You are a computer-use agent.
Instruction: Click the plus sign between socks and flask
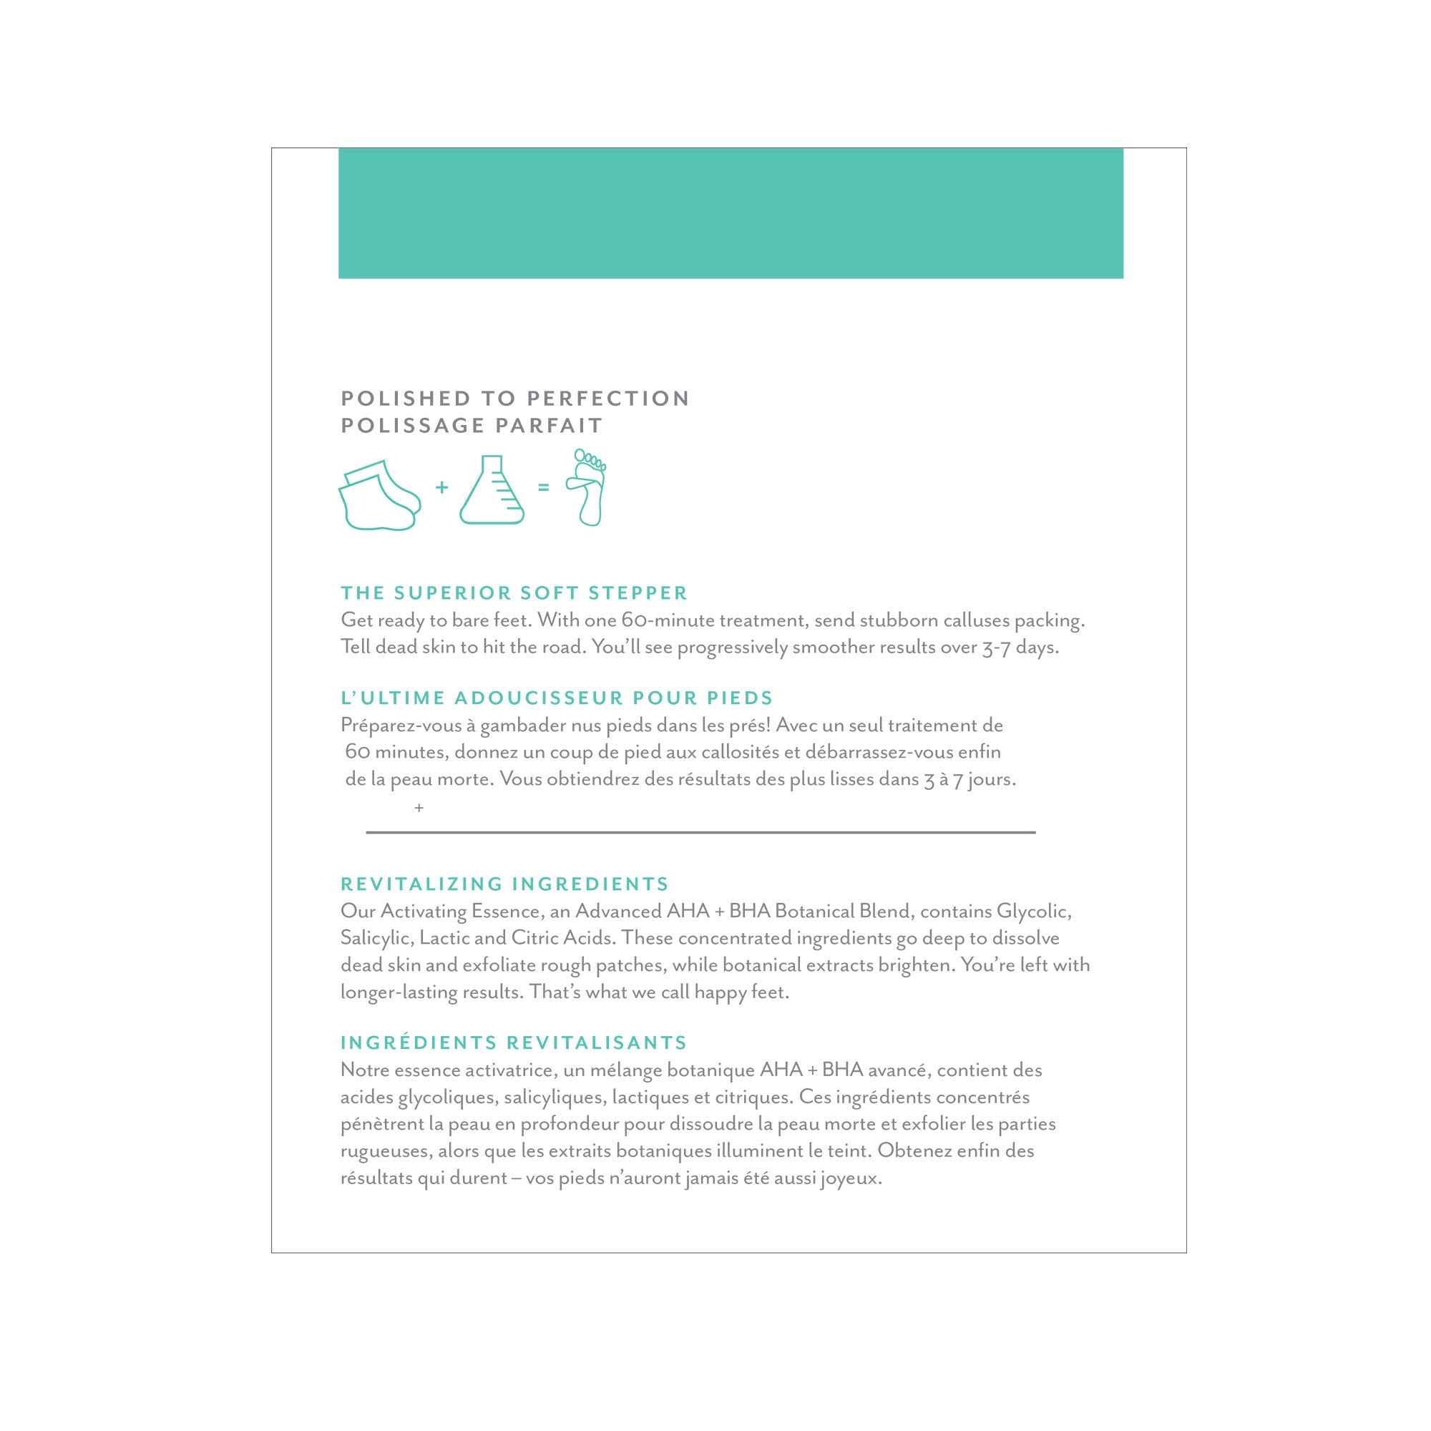coord(442,487)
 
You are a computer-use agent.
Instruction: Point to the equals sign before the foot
coord(544,488)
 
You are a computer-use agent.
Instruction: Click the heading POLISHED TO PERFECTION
coord(514,399)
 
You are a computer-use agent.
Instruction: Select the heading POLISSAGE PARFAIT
coord(472,426)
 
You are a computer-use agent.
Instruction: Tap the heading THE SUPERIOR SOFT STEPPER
coord(514,592)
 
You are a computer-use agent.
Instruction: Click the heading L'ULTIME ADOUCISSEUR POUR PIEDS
coord(556,698)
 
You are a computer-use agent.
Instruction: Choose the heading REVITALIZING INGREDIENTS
coord(504,884)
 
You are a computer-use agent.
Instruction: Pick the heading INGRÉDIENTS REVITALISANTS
coord(513,1043)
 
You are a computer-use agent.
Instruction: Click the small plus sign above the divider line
coord(419,808)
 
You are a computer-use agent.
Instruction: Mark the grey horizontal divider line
coord(700,833)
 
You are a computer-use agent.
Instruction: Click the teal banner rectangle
coord(731,213)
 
